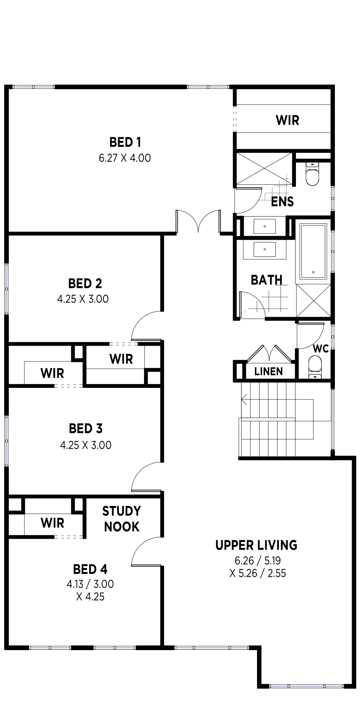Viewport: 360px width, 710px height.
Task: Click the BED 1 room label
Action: (125, 142)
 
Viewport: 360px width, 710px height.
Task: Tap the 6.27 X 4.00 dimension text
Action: (125, 158)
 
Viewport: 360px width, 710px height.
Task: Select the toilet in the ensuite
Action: (312, 174)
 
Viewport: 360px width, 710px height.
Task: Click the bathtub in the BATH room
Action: (313, 251)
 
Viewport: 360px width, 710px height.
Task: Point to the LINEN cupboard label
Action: (268, 371)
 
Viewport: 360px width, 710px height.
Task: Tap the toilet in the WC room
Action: (315, 367)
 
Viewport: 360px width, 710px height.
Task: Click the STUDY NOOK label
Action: (121, 519)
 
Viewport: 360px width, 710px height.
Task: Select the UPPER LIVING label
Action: (256, 545)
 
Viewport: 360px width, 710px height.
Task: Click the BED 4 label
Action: (90, 569)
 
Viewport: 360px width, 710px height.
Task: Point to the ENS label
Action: (283, 201)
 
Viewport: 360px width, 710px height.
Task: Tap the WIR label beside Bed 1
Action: (288, 120)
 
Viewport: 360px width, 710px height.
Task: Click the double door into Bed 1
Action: (198, 221)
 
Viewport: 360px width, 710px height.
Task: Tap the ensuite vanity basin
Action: (265, 226)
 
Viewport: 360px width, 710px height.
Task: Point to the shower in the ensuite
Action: (265, 168)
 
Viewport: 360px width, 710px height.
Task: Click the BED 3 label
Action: (86, 429)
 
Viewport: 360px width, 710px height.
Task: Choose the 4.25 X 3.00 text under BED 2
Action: (83, 299)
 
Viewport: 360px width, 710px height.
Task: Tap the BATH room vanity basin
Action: (265, 250)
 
